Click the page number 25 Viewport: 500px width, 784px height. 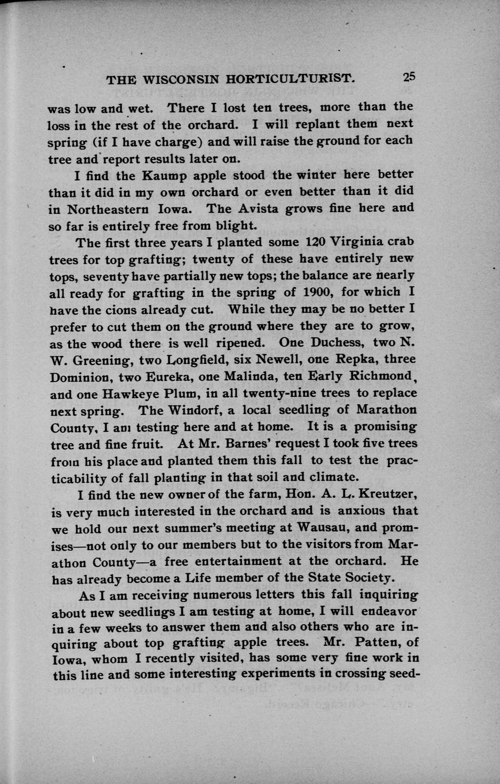(409, 77)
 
